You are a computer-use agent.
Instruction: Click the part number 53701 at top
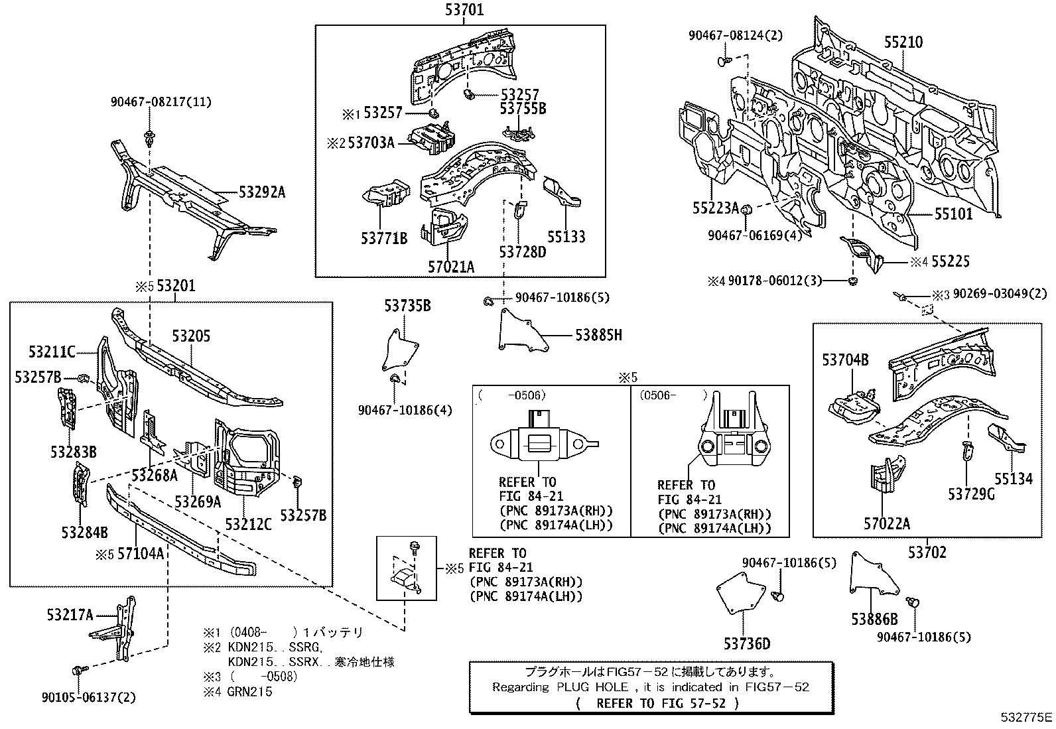pos(464,9)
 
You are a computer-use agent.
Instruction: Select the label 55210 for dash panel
pos(903,42)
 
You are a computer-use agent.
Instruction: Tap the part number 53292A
pos(261,192)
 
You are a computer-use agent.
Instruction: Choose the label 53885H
pos(598,335)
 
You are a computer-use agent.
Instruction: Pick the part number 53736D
pos(747,643)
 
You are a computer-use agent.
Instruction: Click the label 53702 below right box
pos(927,552)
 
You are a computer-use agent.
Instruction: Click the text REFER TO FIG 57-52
pos(658,703)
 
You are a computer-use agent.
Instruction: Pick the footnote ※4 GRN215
pos(238,691)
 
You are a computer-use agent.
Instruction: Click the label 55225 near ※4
pos(950,261)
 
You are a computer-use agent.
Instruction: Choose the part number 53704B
pos(844,360)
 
